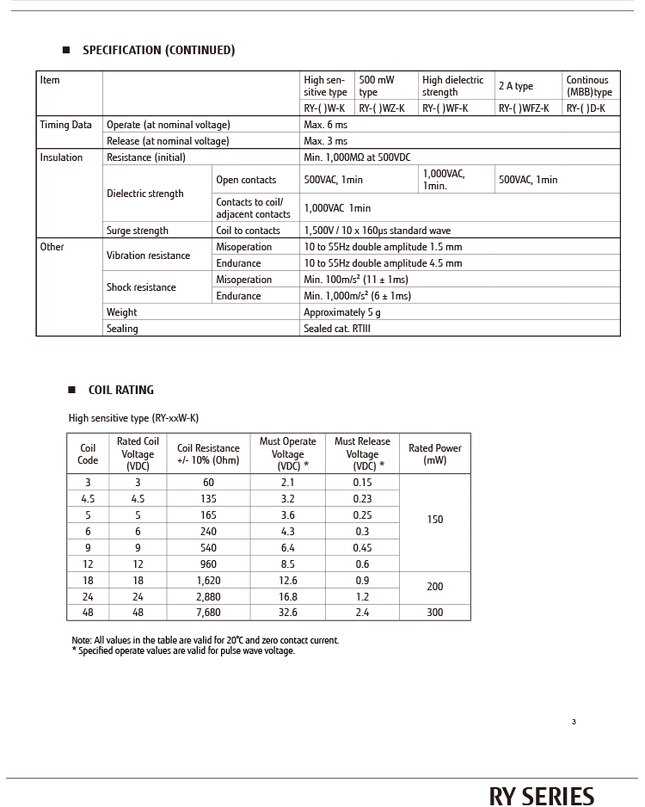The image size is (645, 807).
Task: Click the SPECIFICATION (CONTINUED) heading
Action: click(158, 50)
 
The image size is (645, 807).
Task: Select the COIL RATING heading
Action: click(121, 390)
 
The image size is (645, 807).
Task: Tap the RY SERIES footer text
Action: click(542, 796)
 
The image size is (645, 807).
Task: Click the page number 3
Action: click(574, 722)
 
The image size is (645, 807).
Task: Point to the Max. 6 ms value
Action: click(326, 125)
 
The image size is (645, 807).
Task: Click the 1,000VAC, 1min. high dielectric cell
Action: click(444, 180)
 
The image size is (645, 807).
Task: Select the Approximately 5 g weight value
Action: click(342, 312)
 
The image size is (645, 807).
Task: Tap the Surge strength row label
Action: click(138, 231)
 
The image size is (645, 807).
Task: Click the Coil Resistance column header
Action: click(208, 454)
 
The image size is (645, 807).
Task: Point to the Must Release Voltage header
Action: click(362, 453)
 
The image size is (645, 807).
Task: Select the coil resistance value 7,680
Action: click(208, 613)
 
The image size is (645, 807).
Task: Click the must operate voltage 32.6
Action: click(288, 613)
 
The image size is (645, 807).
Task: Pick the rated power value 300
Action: click(435, 613)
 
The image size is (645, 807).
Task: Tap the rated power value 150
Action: click(435, 520)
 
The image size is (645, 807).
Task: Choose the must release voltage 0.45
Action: click(362, 548)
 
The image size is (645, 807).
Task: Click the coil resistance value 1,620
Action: click(208, 581)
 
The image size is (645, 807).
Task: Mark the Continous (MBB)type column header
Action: click(589, 86)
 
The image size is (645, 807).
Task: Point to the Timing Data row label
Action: click(66, 125)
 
